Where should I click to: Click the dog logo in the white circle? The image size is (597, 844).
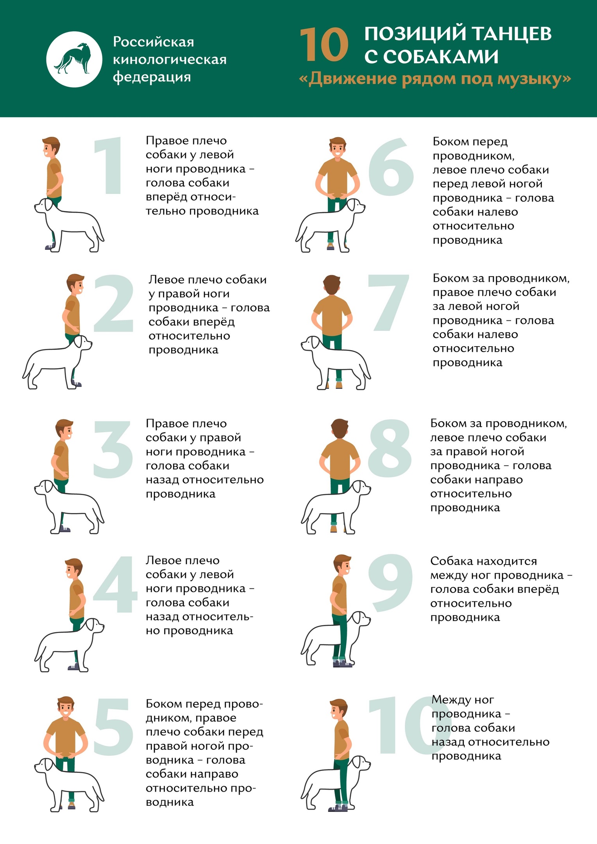point(73,59)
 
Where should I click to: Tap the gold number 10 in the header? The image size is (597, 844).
point(324,45)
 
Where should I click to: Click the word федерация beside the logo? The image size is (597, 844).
point(152,77)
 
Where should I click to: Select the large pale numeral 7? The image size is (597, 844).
point(389,303)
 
